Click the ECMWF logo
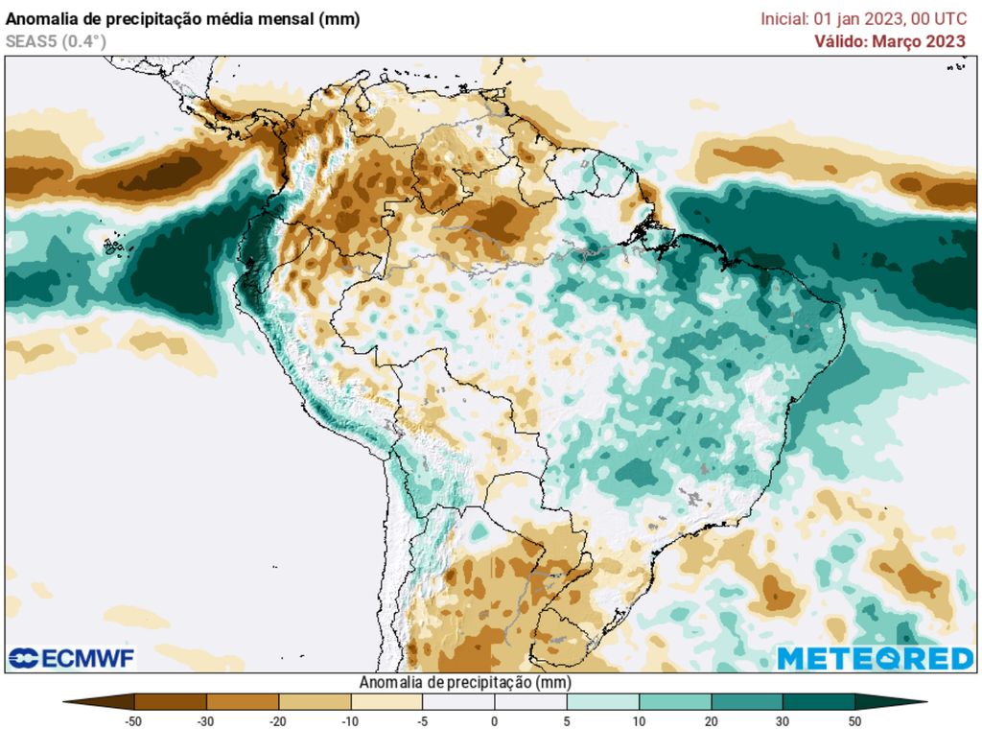(72, 658)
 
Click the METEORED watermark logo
(875, 658)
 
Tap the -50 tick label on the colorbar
(134, 721)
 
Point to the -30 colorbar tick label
(206, 721)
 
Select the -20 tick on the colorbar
(278, 721)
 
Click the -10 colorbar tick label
(350, 721)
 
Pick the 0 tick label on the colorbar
(495, 721)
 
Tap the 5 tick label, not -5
(567, 721)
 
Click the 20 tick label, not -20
(711, 721)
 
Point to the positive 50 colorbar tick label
(854, 721)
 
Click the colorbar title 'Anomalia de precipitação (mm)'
(464, 682)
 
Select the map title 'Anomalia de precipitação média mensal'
(182, 19)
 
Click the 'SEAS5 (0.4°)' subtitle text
(56, 41)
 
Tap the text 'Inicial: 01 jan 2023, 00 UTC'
(863, 19)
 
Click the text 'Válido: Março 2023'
(890, 41)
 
